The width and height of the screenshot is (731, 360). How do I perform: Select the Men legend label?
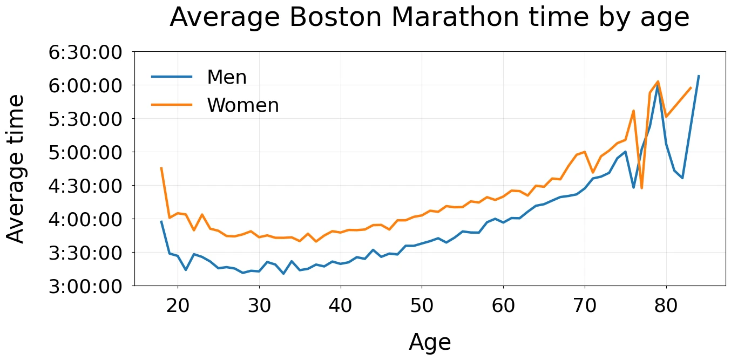coord(227,77)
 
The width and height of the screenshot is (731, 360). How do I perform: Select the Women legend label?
coord(243,105)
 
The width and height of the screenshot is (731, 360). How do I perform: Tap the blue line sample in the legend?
coord(172,77)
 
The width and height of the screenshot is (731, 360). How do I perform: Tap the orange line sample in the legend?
coord(172,105)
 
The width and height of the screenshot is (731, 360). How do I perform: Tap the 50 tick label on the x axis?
coord(422,306)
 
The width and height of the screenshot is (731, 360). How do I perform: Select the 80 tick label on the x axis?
coord(666,306)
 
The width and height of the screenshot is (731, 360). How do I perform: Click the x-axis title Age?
coord(430,343)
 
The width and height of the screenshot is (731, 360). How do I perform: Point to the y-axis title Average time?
coord(16,169)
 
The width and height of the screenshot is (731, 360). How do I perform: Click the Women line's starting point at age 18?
coord(161,168)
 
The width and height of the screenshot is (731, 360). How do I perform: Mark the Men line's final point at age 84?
coord(699,76)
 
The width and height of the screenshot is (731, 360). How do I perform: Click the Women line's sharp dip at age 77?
coord(641,188)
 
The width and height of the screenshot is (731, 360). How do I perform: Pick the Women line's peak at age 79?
coord(658,81)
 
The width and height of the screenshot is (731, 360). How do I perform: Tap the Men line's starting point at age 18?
coord(161,221)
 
